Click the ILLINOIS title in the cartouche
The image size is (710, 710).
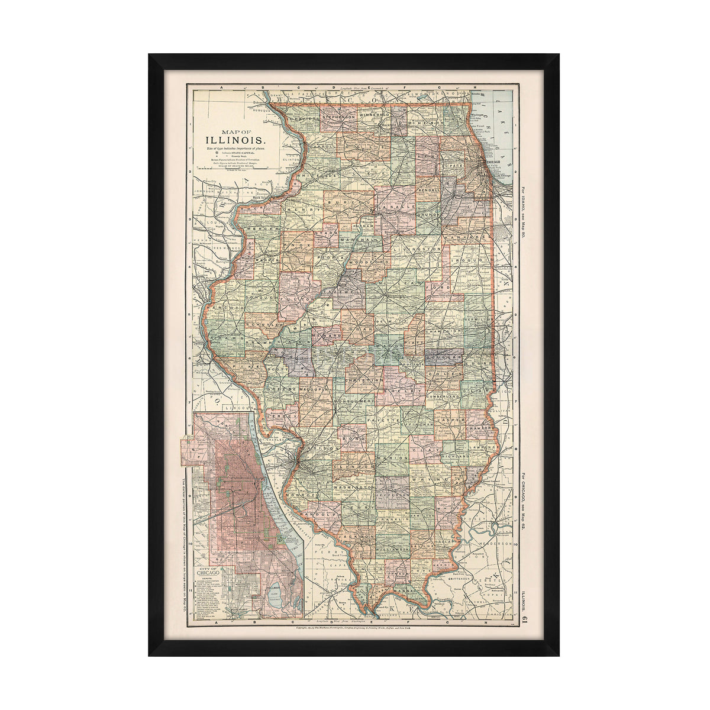235,140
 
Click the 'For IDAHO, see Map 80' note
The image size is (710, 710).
524,217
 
